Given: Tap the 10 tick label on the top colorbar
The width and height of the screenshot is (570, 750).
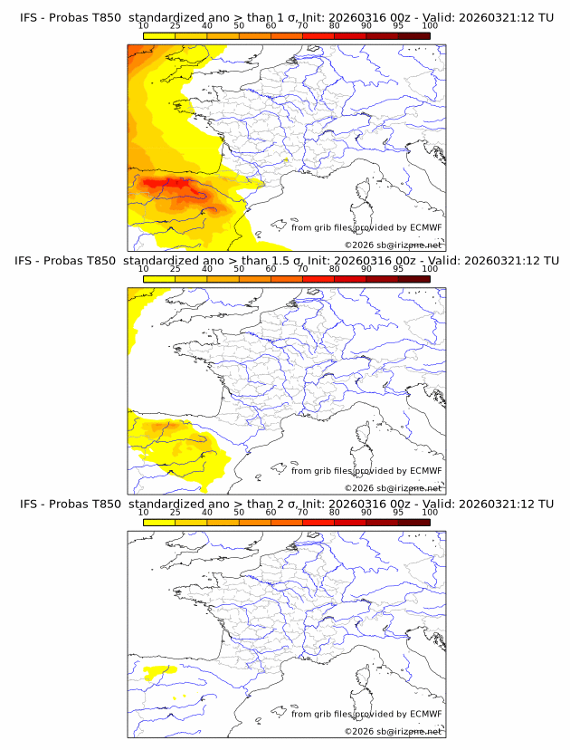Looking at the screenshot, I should [144, 25].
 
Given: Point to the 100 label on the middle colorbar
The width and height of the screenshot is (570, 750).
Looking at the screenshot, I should [430, 269].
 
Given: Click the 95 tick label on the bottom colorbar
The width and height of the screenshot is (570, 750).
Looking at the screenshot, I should [398, 512].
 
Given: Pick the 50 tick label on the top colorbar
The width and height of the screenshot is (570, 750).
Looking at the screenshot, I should [239, 25].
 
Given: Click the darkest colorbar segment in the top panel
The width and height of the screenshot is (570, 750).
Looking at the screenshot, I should [413, 36].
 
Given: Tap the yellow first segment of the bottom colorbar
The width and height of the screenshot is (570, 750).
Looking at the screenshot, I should [159, 523].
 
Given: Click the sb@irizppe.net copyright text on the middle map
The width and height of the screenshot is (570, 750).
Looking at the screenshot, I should [394, 488].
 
